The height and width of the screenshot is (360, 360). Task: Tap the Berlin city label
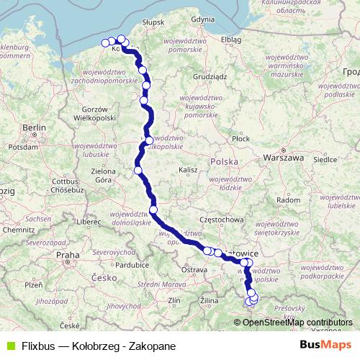(34, 127)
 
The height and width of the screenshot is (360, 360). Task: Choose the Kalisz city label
(188, 169)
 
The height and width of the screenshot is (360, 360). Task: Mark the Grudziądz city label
(210, 75)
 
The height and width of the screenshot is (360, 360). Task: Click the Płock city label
(240, 138)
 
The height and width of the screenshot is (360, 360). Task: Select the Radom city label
(288, 199)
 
